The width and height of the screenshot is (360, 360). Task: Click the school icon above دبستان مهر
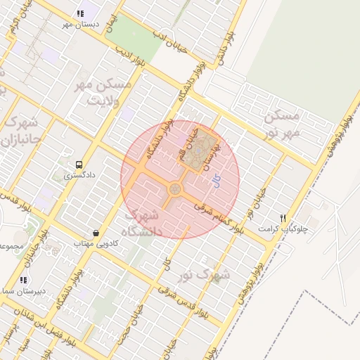(x=80, y=13)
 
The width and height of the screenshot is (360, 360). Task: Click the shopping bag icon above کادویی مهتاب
(x=96, y=233)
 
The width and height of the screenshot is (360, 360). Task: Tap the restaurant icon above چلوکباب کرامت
(x=283, y=218)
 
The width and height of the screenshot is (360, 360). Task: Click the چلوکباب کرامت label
(x=288, y=229)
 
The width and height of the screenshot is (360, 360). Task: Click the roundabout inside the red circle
(x=174, y=189)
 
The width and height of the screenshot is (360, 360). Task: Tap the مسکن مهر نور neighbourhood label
(x=283, y=124)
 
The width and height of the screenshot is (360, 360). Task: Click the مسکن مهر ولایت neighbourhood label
(x=104, y=91)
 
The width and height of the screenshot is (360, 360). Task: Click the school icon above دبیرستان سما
(x=24, y=280)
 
